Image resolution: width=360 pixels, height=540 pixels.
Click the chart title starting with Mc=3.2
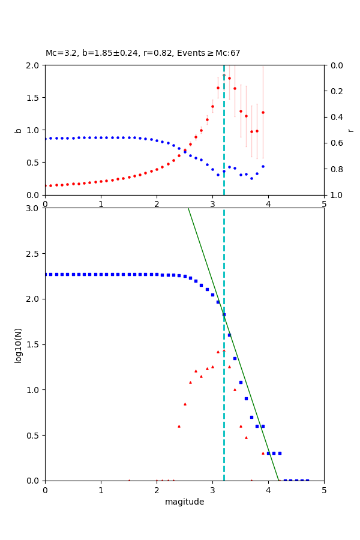143,53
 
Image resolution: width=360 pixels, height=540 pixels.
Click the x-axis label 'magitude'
184,502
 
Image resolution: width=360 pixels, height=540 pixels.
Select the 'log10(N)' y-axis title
18,344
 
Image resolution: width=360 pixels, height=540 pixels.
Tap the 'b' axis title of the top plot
18,130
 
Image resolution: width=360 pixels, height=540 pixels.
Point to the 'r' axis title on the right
350,130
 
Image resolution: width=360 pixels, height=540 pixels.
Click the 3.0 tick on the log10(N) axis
33,208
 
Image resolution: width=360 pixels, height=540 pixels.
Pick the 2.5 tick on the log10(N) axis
33,254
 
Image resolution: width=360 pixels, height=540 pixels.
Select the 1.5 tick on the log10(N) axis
33,344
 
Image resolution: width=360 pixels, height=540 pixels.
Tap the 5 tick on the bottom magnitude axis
324,491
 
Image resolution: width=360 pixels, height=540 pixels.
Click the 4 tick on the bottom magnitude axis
268,491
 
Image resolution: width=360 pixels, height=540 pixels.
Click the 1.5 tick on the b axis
33,98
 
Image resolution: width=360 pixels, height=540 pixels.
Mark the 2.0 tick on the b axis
33,65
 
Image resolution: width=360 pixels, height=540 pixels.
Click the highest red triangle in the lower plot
224,350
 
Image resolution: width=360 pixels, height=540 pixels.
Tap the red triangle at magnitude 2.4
179,426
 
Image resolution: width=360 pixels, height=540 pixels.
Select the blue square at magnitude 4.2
280,453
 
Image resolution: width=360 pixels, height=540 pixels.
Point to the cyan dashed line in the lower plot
224,420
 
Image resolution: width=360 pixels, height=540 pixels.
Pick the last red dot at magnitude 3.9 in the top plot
263,112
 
